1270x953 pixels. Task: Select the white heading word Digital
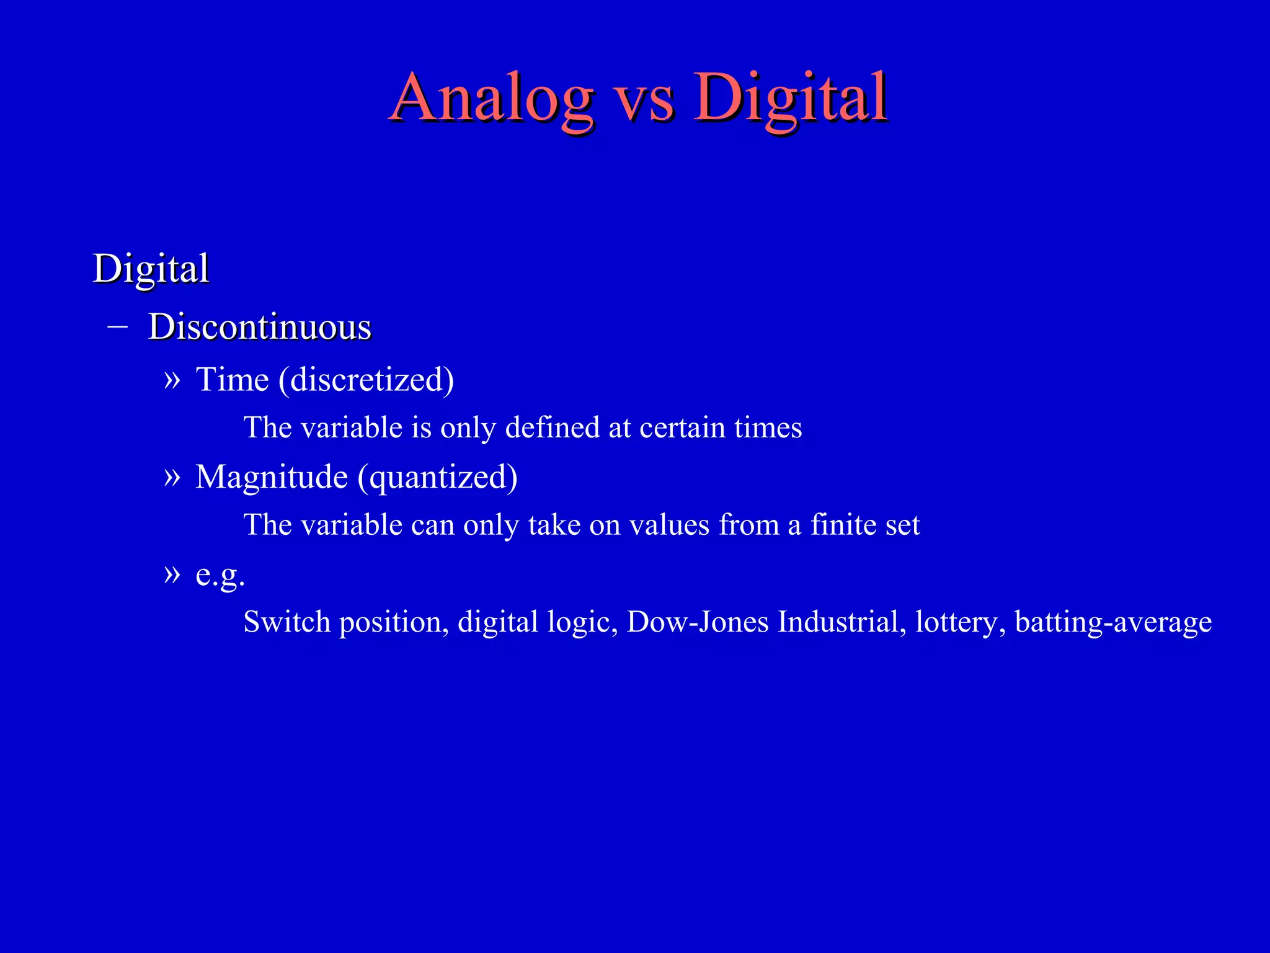pos(151,269)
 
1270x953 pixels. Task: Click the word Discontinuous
pos(260,327)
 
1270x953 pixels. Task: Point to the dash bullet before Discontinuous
pos(117,326)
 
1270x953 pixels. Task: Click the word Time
pos(233,379)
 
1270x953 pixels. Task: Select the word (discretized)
pos(366,379)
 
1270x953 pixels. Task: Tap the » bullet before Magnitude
pos(172,476)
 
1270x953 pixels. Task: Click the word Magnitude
pos(272,476)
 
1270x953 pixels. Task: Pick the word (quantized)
pos(437,476)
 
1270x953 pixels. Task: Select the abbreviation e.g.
pos(220,575)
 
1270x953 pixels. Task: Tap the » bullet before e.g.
pos(172,574)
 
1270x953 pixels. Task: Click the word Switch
pos(286,622)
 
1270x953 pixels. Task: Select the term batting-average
pos(1113,622)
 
